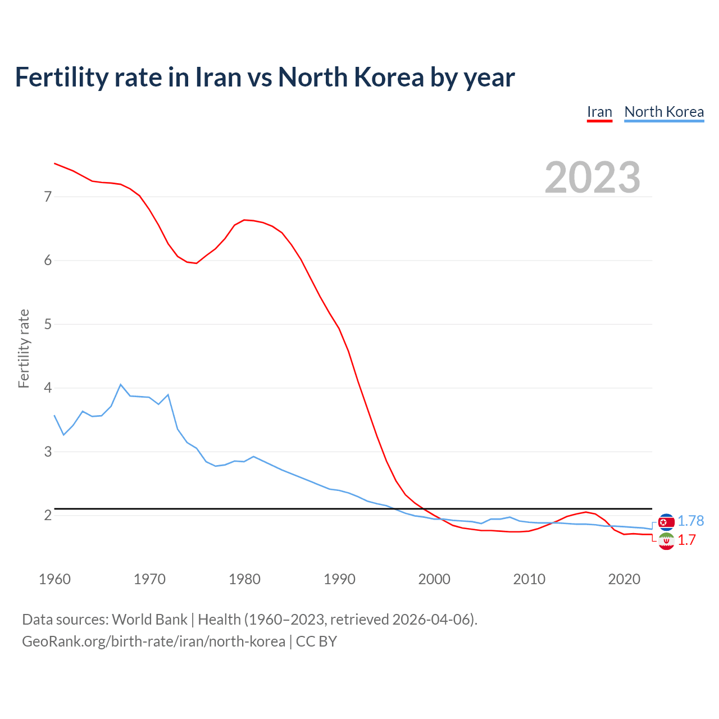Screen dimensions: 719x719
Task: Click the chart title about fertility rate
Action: [265, 78]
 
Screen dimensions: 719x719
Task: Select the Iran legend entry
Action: [599, 112]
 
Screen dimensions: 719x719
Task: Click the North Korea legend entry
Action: [664, 112]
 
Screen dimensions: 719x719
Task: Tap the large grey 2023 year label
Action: [593, 178]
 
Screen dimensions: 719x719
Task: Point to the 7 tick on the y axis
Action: [48, 197]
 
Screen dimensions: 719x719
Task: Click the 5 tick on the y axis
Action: [48, 324]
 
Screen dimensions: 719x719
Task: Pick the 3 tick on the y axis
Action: [48, 452]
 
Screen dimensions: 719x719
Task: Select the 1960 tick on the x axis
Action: [54, 579]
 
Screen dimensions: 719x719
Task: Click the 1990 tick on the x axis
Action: [339, 579]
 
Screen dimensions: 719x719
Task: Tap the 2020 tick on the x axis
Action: [624, 579]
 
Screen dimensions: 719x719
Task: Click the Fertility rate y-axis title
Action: [24, 348]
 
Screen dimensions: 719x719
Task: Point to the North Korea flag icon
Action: [666, 522]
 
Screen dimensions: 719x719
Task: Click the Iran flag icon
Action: [666, 541]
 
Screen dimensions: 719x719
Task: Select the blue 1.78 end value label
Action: [690, 521]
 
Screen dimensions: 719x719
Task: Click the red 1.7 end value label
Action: [686, 540]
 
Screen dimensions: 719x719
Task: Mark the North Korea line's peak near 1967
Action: [121, 384]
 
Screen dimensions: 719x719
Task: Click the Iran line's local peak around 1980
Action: [244, 220]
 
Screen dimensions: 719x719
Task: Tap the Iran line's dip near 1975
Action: [196, 263]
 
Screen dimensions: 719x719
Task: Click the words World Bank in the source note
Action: [149, 620]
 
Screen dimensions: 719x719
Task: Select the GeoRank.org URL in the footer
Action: [153, 641]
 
